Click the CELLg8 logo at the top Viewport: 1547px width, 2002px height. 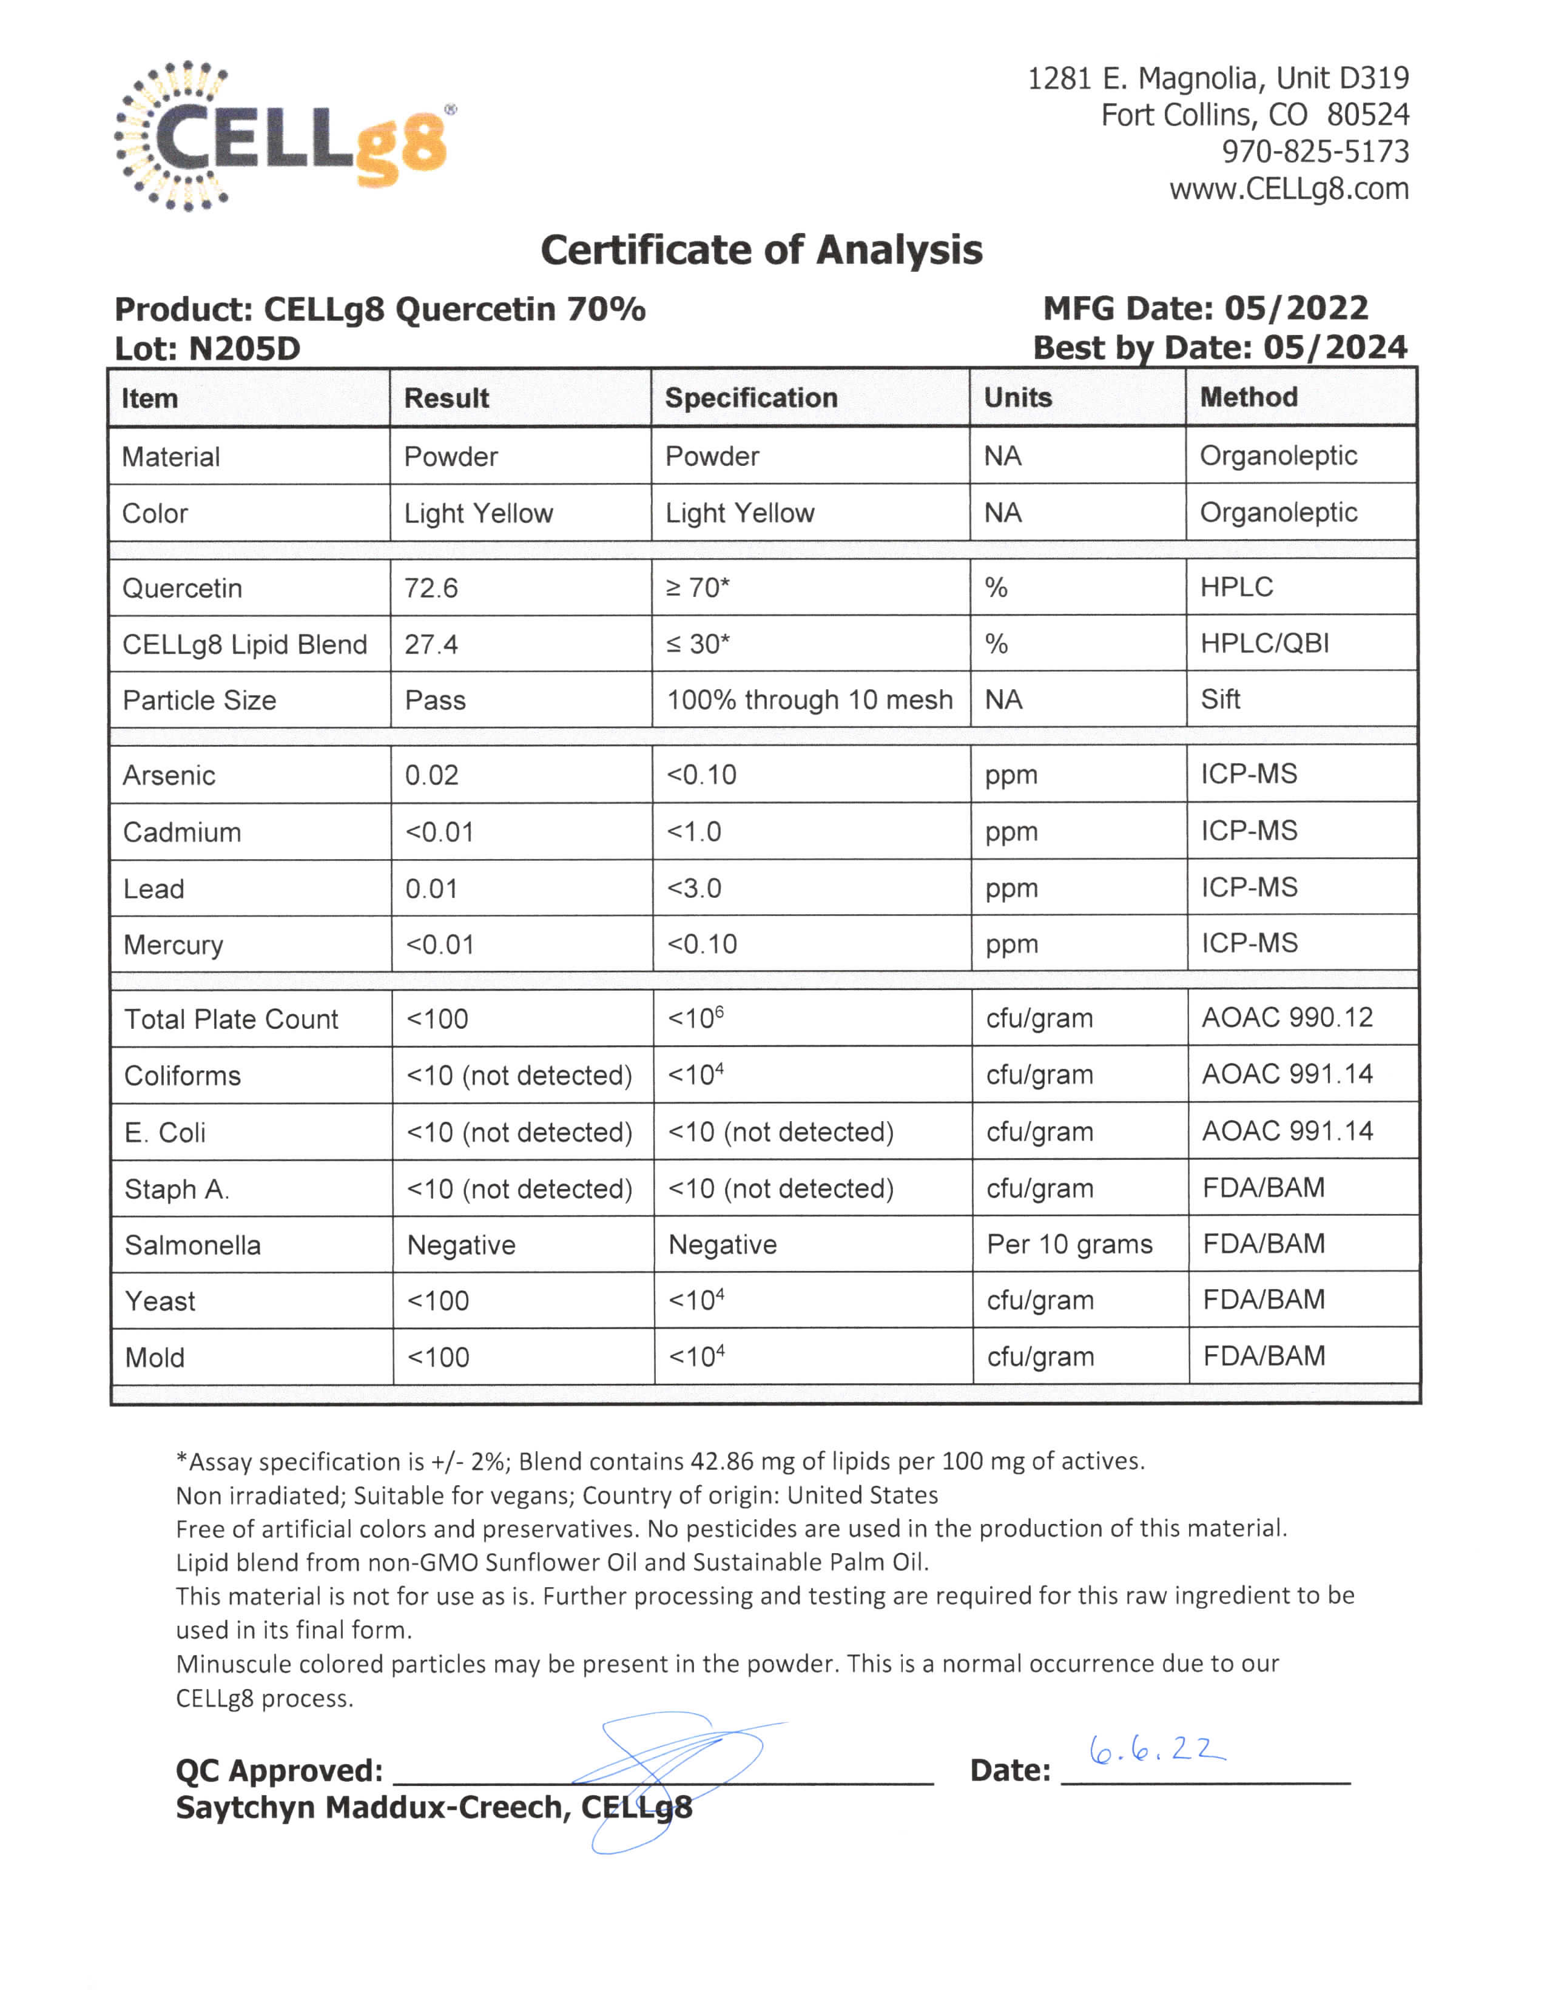[284, 138]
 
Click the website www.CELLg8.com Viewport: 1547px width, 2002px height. [1289, 189]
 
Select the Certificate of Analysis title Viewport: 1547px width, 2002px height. [761, 250]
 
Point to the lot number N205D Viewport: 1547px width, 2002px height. [244, 348]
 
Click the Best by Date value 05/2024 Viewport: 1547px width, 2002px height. [1335, 348]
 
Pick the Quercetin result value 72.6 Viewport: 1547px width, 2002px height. [431, 588]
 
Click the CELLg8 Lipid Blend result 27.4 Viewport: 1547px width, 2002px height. [431, 644]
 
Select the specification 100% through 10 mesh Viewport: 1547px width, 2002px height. [809, 699]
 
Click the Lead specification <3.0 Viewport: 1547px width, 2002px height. [694, 888]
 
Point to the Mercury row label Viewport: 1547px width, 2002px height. [174, 945]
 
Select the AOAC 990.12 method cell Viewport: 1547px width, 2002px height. [1287, 1017]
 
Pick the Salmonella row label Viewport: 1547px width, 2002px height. [192, 1245]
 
